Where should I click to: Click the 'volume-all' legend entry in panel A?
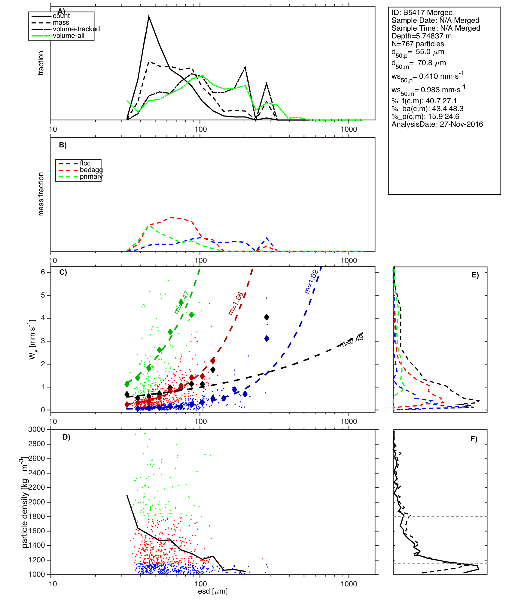coord(69,36)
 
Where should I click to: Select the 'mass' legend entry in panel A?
coord(61,23)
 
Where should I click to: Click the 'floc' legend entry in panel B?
coord(85,163)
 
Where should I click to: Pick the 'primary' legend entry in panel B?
coord(91,177)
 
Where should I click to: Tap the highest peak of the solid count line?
coord(149,17)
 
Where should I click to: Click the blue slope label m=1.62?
coord(311,281)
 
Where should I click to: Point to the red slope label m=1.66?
coord(236,304)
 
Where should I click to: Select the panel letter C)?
coord(63,272)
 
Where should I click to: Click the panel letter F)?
coord(474,439)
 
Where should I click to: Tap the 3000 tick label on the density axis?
coord(37,430)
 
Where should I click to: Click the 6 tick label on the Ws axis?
coord(43,272)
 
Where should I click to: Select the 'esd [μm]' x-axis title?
coord(213,591)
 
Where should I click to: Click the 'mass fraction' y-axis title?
coord(41,194)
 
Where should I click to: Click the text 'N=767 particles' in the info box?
coord(418,44)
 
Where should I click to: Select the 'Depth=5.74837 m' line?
coord(422,36)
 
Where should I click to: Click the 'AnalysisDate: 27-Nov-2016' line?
coord(437,124)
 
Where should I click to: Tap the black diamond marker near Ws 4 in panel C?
coord(267,317)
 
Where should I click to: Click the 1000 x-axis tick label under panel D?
coord(349,584)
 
